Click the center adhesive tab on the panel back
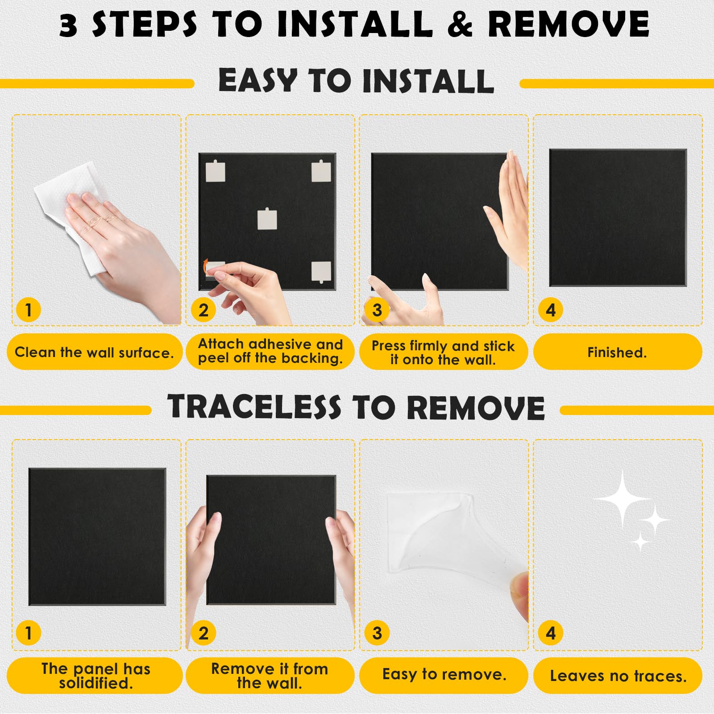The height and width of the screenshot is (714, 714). click(x=267, y=219)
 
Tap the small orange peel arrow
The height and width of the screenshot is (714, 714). click(x=206, y=267)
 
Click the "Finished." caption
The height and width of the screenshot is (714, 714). click(x=617, y=353)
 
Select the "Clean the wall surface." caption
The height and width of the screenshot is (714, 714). click(x=94, y=353)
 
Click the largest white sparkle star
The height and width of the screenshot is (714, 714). click(x=623, y=498)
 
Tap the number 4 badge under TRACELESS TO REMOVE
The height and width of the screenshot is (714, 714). click(x=551, y=633)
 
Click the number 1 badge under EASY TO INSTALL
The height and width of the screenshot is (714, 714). click(x=29, y=310)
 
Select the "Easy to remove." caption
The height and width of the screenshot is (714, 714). click(x=444, y=674)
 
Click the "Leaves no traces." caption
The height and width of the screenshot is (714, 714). click(x=618, y=676)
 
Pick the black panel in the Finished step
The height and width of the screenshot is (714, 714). click(x=618, y=218)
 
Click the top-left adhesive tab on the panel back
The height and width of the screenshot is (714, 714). click(x=216, y=171)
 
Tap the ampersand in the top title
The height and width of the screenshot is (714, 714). click(x=460, y=24)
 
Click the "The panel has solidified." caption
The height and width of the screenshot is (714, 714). click(x=96, y=676)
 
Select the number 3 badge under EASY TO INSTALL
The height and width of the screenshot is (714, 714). click(x=377, y=310)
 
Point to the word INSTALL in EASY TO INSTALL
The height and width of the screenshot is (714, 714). click(x=428, y=81)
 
